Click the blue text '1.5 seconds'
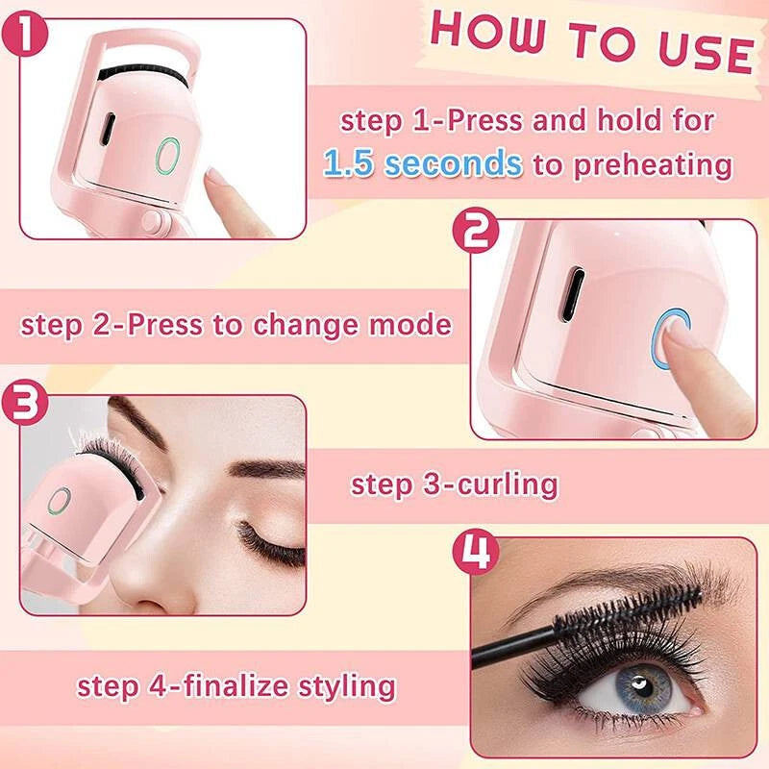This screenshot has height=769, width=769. [x=423, y=162]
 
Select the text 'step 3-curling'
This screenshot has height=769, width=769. [x=454, y=484]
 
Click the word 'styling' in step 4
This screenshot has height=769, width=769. [x=342, y=686]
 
